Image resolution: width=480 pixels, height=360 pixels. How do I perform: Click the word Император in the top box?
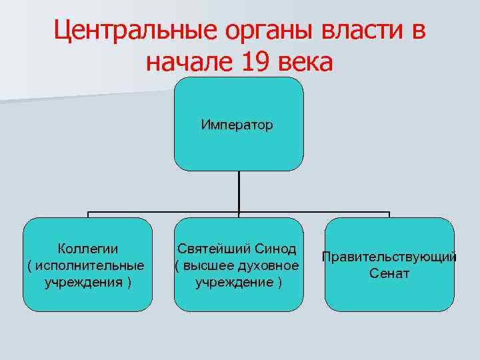click(x=237, y=125)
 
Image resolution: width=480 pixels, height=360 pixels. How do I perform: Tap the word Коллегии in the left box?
click(x=88, y=249)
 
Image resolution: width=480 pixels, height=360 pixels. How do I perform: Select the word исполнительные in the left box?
click(x=89, y=265)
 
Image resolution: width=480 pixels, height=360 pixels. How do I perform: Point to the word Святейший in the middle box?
click(x=214, y=249)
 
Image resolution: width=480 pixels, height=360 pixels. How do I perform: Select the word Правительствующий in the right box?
click(x=389, y=257)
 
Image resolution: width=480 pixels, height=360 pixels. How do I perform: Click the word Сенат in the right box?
click(x=389, y=273)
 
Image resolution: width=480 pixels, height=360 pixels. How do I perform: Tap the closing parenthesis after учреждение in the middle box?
click(x=280, y=282)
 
